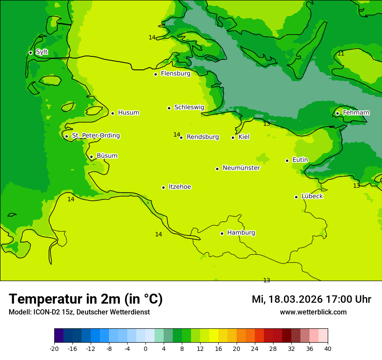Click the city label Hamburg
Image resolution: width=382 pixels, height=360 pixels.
click(241, 232)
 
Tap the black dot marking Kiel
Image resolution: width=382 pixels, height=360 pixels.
click(233, 137)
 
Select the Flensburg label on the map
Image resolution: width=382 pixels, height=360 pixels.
click(175, 74)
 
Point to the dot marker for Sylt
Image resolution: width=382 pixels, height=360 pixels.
click(30, 52)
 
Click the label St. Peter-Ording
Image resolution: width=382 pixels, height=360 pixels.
click(95, 136)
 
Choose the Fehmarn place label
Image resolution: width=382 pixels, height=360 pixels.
click(356, 113)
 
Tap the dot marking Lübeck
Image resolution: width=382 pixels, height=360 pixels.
click(296, 197)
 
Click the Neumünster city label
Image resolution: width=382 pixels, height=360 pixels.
click(241, 168)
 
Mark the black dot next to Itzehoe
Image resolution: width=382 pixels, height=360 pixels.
click(163, 187)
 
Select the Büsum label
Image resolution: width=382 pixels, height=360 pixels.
click(107, 156)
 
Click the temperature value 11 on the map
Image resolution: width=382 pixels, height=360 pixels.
click(341, 53)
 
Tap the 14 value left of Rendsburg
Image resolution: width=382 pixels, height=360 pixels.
click(177, 134)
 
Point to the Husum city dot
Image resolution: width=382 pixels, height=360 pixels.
click(112, 113)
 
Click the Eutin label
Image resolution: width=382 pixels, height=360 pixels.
click(300, 160)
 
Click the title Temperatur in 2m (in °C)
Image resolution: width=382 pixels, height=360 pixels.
click(86, 299)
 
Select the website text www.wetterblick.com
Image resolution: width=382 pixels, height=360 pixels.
click(313, 312)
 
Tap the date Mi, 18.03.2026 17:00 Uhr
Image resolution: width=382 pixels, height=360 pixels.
click(311, 299)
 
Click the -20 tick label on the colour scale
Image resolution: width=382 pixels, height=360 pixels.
click(54, 349)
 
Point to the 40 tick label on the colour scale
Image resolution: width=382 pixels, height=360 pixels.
click(328, 349)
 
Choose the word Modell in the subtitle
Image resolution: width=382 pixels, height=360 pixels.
click(19, 312)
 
